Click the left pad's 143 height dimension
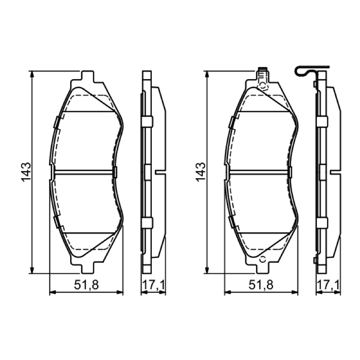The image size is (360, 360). click(26, 172)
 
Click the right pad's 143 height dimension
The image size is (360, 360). click(201, 172)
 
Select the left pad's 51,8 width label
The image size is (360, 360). click(86, 285)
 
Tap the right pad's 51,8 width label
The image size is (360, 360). click(261, 285)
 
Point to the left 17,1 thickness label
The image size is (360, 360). click(153, 285)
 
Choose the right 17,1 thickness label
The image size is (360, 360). click(328, 285)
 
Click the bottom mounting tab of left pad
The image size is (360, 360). click(88, 268)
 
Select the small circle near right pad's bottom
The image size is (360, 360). click(262, 260)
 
